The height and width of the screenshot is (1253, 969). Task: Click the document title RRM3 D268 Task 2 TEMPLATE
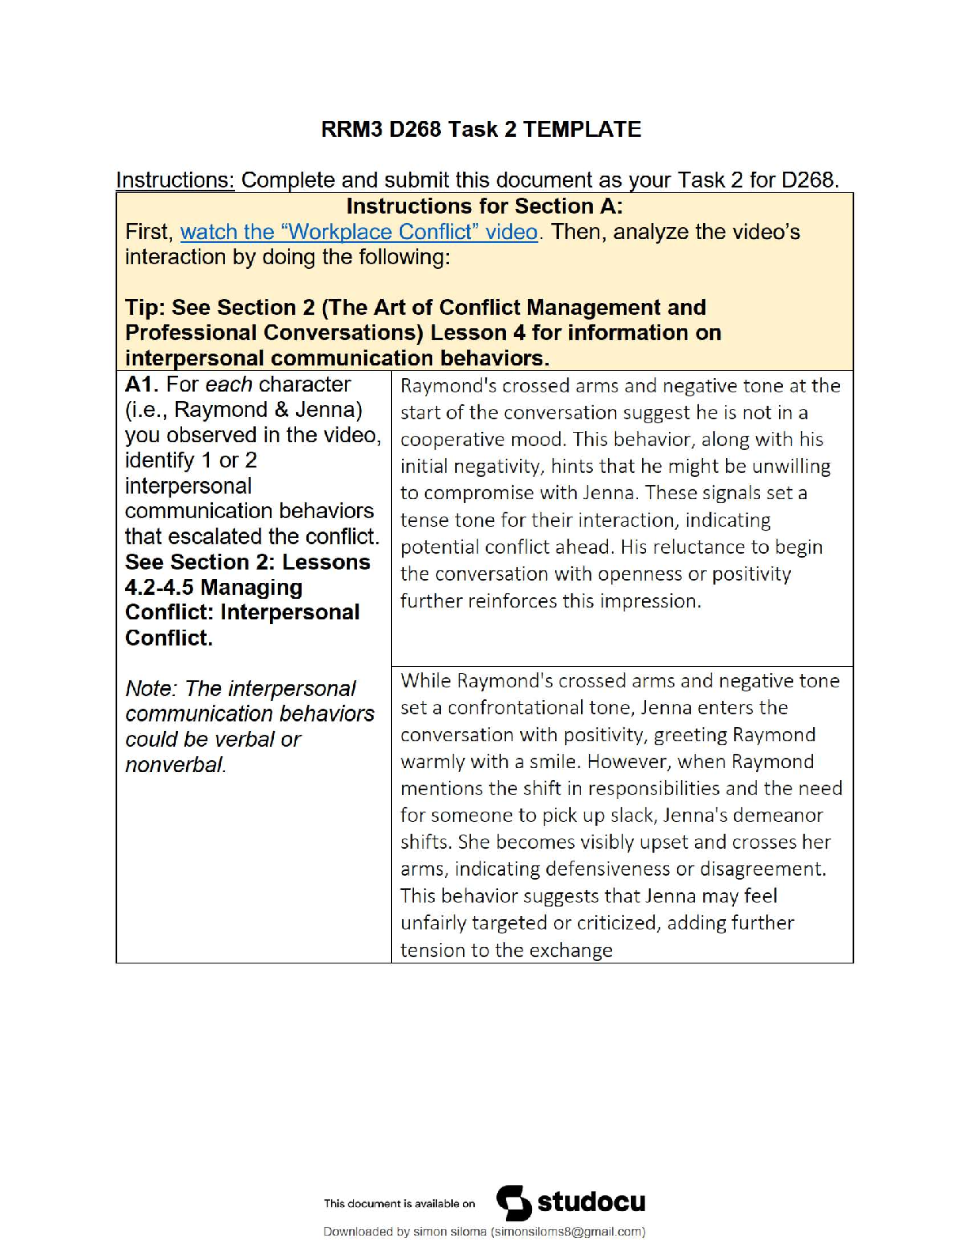481,130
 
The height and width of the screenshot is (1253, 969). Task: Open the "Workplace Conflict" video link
359,232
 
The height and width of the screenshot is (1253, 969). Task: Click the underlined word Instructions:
175,180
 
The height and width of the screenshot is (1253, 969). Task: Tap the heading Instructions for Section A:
484,206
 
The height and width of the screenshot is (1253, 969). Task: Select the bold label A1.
142,384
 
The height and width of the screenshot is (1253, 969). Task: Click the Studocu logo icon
514,1203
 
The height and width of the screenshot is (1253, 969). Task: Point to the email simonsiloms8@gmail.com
567,1232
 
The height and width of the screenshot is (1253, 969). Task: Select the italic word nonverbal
174,765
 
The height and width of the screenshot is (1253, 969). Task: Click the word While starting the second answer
425,681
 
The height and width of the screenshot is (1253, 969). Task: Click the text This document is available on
399,1204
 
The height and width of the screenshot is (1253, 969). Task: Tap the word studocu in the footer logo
591,1202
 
